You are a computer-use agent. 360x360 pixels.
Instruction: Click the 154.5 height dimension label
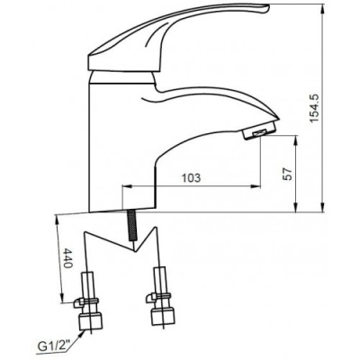coord(314,108)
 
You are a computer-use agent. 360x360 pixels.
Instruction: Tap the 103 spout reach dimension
coord(191,178)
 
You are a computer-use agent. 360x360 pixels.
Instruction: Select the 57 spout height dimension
coord(288,174)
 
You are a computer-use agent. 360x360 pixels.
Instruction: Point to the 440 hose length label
coord(67,258)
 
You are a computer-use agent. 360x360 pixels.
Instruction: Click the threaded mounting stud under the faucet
coord(132,225)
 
